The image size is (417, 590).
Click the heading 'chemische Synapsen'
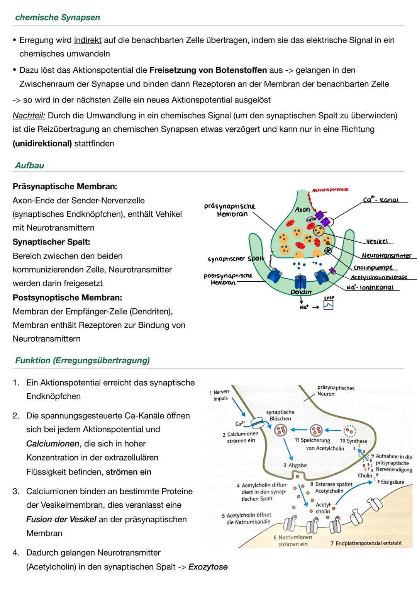pyautogui.click(x=58, y=17)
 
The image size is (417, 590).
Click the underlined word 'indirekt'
pyautogui.click(x=88, y=40)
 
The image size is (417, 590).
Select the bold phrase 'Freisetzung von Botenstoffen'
pyautogui.click(x=208, y=70)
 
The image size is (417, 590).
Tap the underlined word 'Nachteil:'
pyautogui.click(x=29, y=116)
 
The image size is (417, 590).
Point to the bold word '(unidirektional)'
pyautogui.click(x=42, y=144)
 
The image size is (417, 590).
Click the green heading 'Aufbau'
pyautogui.click(x=30, y=165)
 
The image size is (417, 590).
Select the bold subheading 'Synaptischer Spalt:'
pyautogui.click(x=51, y=242)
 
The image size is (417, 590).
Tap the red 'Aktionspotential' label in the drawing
pyautogui.click(x=330, y=190)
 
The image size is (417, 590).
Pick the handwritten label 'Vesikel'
pyautogui.click(x=376, y=241)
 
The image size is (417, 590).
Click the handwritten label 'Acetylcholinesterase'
pyautogui.click(x=379, y=277)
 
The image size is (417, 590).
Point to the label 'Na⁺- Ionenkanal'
pyautogui.click(x=370, y=287)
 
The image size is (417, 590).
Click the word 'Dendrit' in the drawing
pyautogui.click(x=301, y=292)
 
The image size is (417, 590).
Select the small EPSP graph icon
pyautogui.click(x=328, y=305)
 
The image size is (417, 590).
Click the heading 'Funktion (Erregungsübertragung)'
pyautogui.click(x=82, y=360)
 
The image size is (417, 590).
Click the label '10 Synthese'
pyautogui.click(x=353, y=441)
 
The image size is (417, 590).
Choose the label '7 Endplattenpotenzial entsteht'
pyautogui.click(x=366, y=543)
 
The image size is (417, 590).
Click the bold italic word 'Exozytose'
pyautogui.click(x=208, y=567)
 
